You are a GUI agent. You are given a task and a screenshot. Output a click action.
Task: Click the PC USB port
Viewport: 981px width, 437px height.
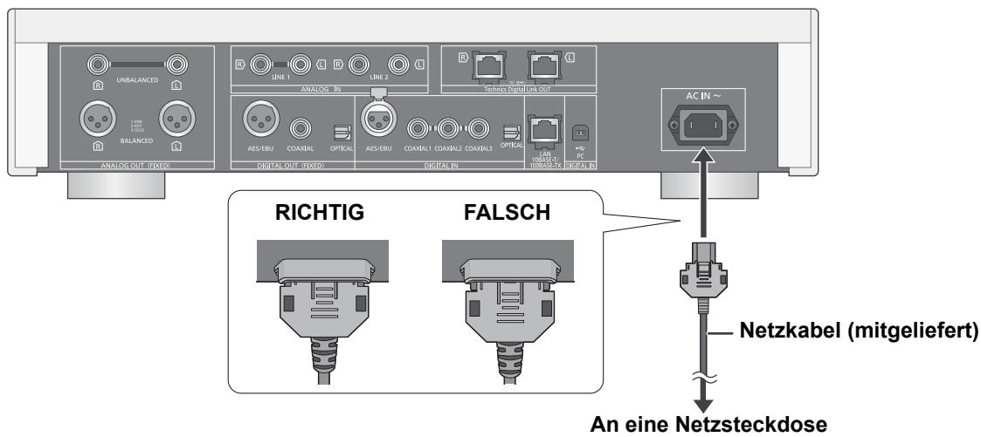[x=577, y=128]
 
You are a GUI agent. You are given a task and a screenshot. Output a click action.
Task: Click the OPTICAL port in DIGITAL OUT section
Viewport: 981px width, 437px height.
[x=341, y=130]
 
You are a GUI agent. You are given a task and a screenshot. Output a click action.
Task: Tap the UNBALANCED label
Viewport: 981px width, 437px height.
[x=136, y=79]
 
